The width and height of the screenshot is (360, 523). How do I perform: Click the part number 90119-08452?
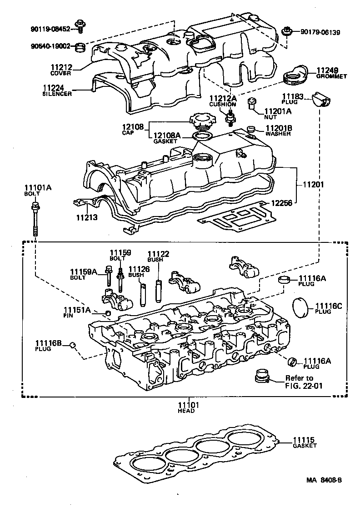tap(50, 29)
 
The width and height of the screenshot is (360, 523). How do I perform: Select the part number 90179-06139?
tap(320, 33)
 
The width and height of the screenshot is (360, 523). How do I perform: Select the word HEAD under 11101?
tap(186, 411)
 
